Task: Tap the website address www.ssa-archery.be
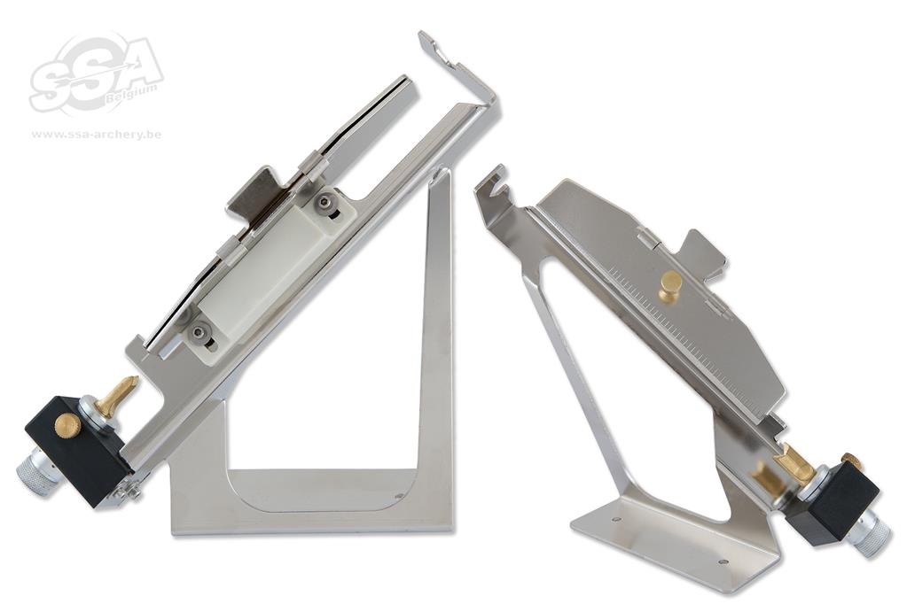(97, 135)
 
